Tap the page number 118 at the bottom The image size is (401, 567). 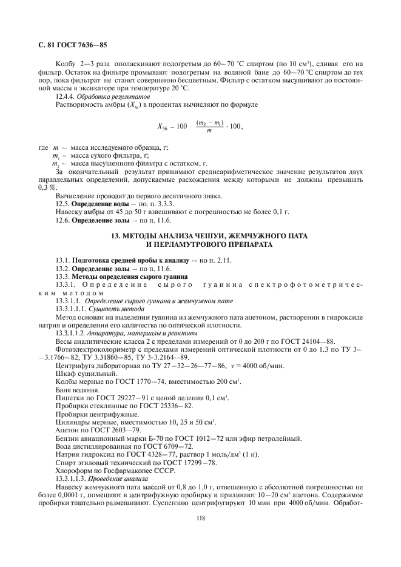click(x=200, y=517)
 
